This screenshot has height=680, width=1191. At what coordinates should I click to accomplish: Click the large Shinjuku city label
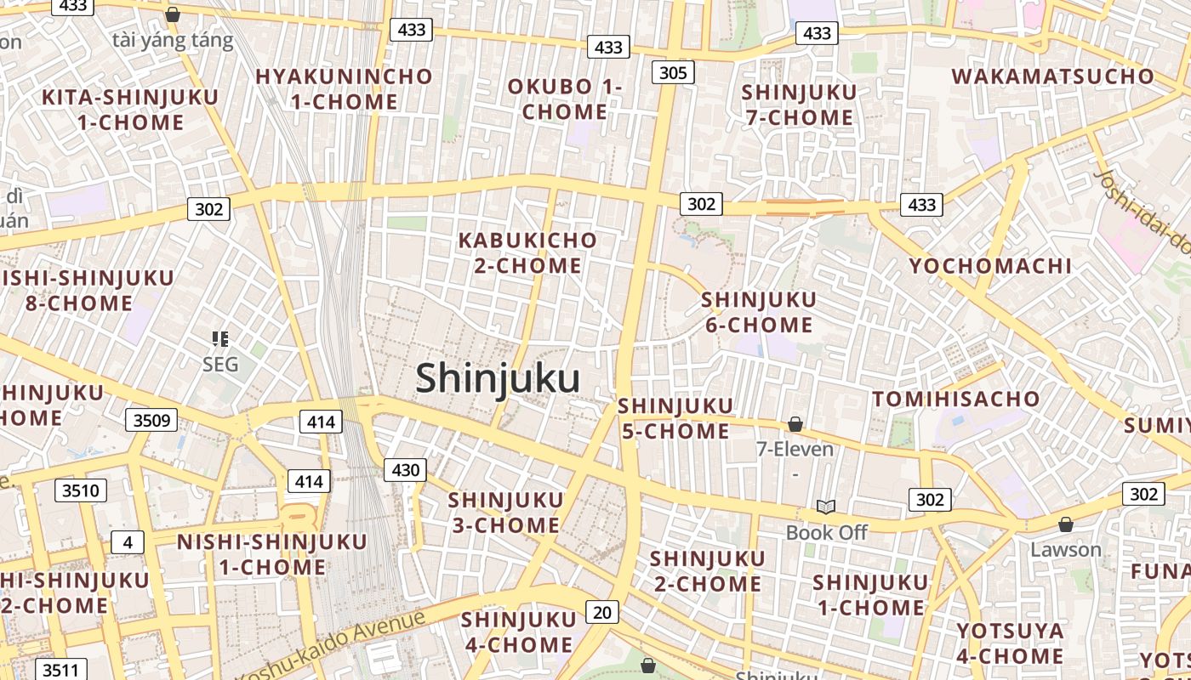[x=498, y=378]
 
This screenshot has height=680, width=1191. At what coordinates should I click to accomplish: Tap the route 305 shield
[x=672, y=72]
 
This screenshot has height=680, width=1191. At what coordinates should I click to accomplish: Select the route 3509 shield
[x=152, y=419]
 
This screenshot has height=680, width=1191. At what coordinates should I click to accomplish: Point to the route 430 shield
[x=405, y=469]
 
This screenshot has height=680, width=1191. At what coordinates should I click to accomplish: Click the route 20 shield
[x=601, y=612]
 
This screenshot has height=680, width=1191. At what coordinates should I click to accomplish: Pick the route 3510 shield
[x=81, y=490]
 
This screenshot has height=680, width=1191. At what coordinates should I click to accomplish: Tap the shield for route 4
[x=127, y=542]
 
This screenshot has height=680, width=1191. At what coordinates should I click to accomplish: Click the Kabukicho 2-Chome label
[x=527, y=252]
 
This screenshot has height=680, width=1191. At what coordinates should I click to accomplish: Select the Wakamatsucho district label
[x=1052, y=76]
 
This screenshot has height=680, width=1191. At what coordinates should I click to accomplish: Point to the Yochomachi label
[x=990, y=266]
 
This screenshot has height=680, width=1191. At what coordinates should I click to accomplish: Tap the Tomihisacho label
[x=955, y=399]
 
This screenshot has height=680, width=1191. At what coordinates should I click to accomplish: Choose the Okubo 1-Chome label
[x=565, y=99]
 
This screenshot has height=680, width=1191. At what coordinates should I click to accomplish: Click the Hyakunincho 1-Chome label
[x=344, y=88]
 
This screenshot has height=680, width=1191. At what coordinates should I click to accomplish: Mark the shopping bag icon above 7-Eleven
[x=795, y=423]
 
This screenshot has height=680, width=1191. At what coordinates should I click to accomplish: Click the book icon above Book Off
[x=825, y=507]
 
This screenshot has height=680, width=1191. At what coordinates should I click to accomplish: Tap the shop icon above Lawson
[x=1065, y=524]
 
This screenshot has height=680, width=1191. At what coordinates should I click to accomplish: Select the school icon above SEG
[x=220, y=339]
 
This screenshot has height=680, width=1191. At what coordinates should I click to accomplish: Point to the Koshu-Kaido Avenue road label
[x=330, y=644]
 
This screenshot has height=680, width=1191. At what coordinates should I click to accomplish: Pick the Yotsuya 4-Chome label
[x=1010, y=643]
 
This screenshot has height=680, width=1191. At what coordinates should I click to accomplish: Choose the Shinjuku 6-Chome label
[x=758, y=312]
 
